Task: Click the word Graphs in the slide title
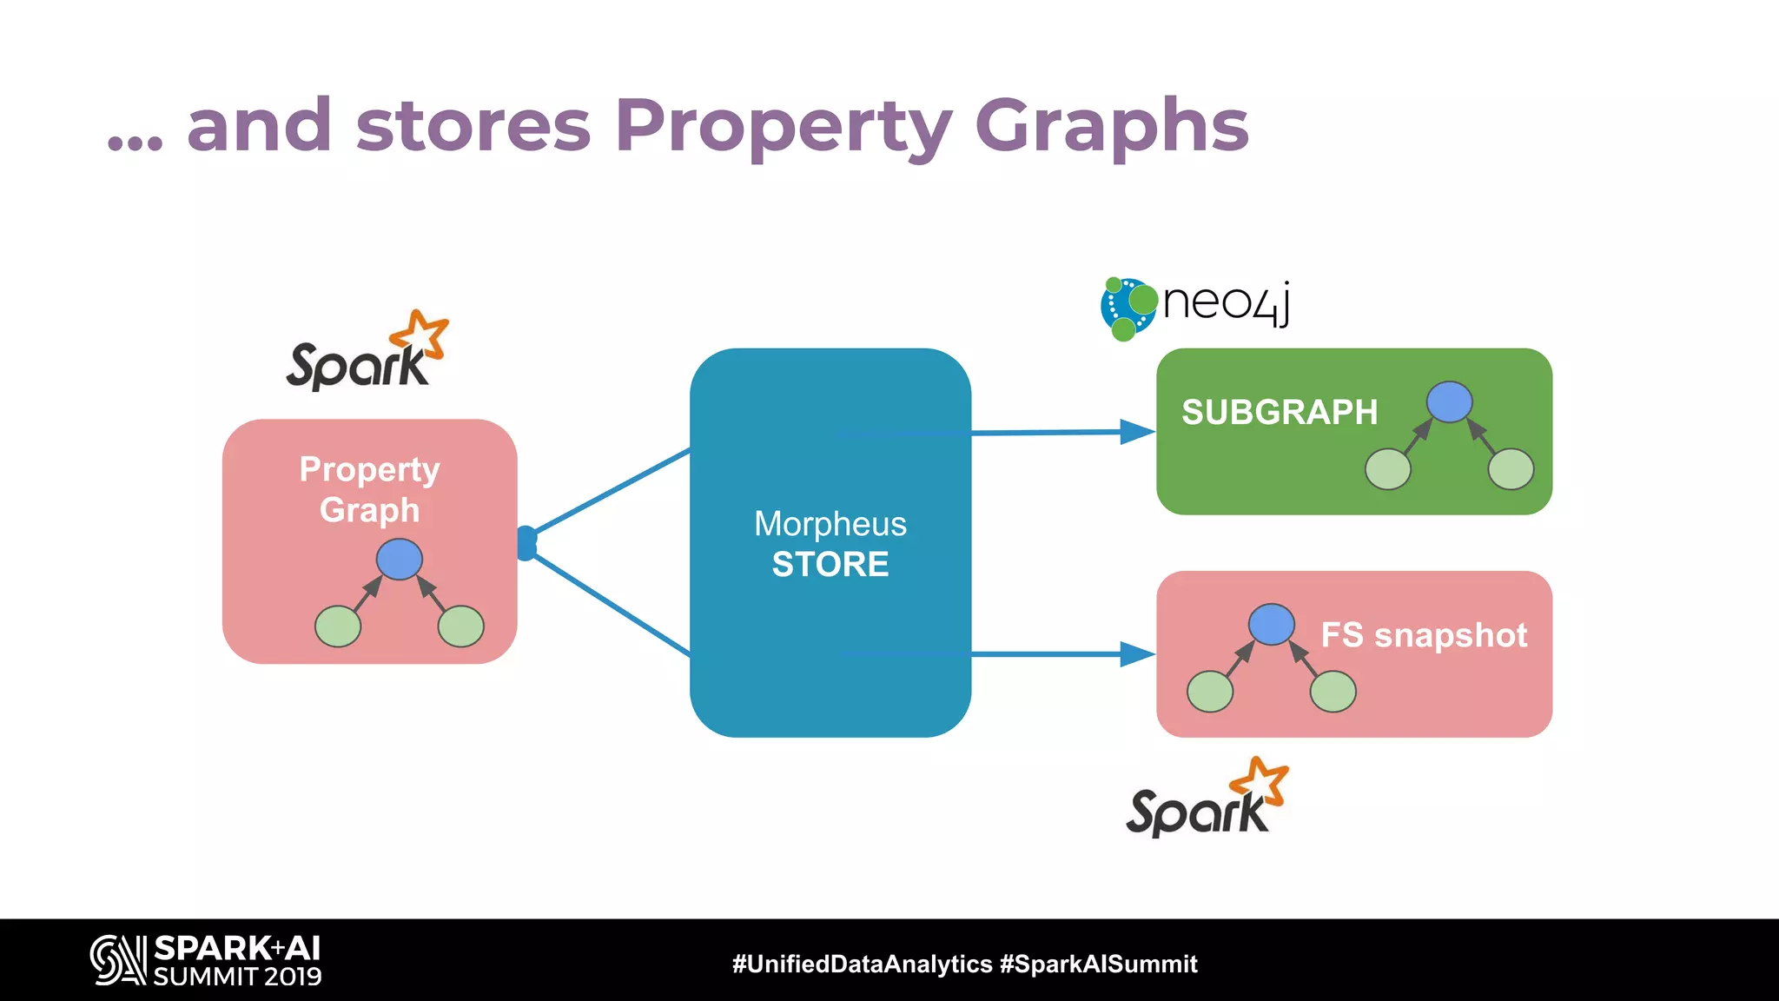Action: pos(1112,127)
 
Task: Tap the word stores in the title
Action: pos(473,127)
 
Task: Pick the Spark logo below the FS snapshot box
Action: pos(1207,799)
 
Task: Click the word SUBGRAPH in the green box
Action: pos(1280,412)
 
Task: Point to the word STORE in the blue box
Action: pos(830,565)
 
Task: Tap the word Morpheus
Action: pos(830,524)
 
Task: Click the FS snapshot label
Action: pos(1424,635)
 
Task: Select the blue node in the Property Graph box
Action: pos(400,559)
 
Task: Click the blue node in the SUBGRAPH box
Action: pos(1450,402)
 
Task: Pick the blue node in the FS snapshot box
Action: pos(1272,624)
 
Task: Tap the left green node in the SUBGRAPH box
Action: pos(1388,469)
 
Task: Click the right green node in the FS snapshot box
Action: pos(1333,692)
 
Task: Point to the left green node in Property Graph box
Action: pos(338,626)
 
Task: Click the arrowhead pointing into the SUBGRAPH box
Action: pos(1137,431)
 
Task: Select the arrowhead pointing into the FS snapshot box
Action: pos(1137,653)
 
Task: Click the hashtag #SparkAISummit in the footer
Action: pos(1099,964)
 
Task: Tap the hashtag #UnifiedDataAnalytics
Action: pos(862,964)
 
